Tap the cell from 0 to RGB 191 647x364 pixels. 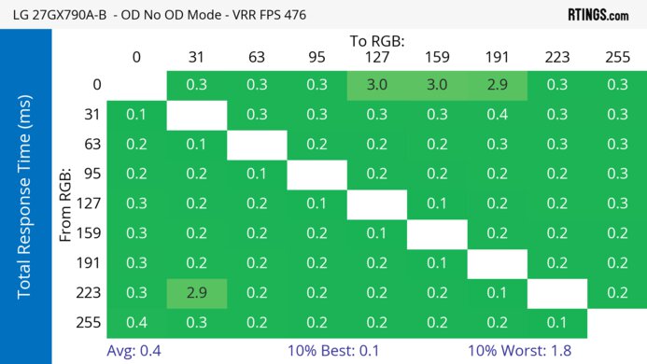click(497, 85)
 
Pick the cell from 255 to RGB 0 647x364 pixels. click(136, 323)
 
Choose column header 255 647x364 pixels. click(617, 58)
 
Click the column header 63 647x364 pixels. click(257, 58)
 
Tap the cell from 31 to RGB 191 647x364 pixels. click(497, 115)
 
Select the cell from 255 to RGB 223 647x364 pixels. click(557, 323)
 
